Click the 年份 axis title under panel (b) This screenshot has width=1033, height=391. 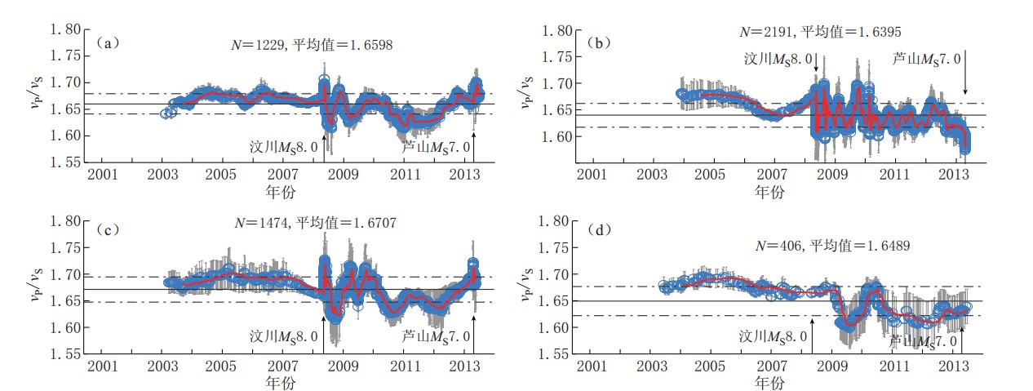(x=769, y=193)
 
